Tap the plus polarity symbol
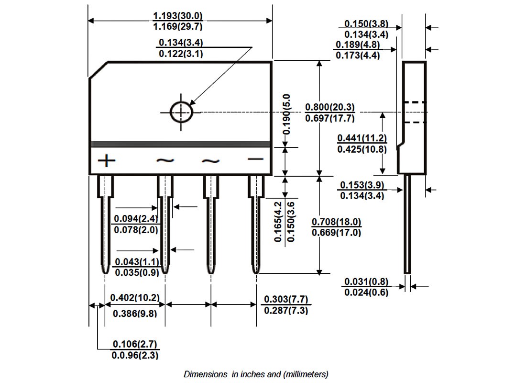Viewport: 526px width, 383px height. (x=106, y=160)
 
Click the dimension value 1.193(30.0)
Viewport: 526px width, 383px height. (x=178, y=16)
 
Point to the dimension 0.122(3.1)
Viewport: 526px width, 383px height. (x=181, y=54)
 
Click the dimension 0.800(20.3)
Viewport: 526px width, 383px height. (x=330, y=107)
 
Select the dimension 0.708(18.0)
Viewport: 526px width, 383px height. (x=336, y=222)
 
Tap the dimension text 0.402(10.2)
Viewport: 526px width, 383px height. (x=135, y=298)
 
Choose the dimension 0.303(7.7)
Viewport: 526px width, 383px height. (x=286, y=299)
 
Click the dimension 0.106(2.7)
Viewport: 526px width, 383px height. (x=135, y=344)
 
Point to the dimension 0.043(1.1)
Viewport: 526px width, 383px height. (x=137, y=261)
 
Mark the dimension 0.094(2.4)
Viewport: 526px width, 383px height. (x=136, y=219)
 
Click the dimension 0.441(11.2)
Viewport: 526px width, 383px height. (x=362, y=138)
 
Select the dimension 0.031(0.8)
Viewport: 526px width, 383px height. (x=366, y=282)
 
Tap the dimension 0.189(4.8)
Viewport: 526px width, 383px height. (x=358, y=45)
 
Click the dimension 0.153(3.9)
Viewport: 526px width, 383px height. (x=362, y=185)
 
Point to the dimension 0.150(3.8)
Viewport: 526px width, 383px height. (x=366, y=24)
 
